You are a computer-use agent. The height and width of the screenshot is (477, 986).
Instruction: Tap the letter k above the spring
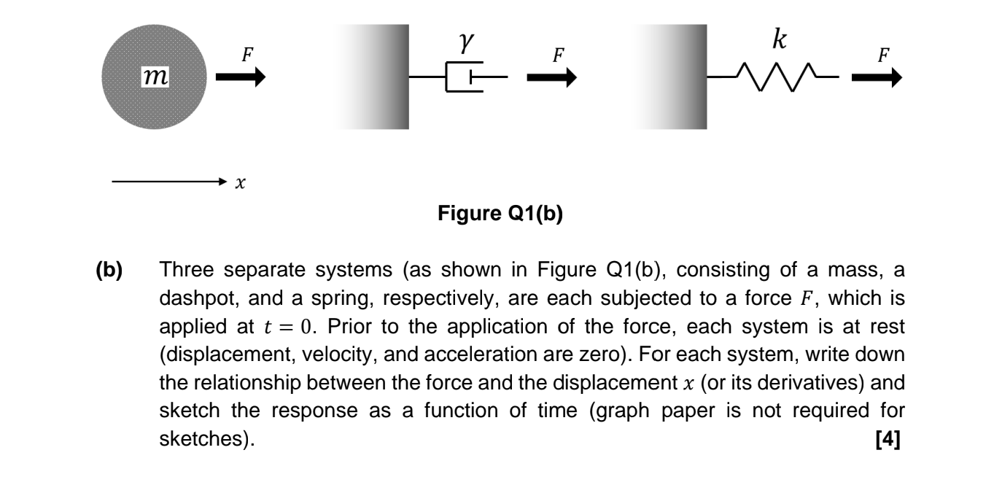point(779,41)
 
